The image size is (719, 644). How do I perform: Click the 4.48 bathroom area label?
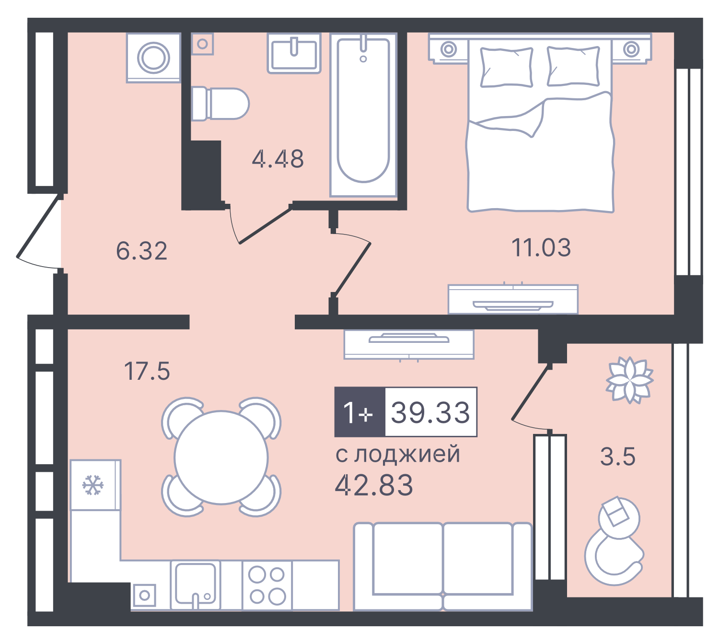pos(278,159)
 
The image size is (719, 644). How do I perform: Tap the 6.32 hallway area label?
pos(142,251)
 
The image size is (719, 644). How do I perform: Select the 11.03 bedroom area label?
pos(541,248)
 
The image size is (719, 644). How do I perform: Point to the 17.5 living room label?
pos(147,371)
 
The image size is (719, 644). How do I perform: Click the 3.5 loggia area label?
pos(618,457)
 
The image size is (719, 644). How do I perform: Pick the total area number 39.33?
pos(430,412)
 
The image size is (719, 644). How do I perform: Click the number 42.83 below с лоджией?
pos(374,485)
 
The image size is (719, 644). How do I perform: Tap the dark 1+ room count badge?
pos(359,412)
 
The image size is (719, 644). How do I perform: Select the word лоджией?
pos(407,454)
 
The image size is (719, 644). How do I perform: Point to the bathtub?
pos(363,114)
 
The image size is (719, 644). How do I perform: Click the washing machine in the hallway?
pos(154,58)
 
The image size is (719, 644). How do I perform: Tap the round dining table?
pos(221,457)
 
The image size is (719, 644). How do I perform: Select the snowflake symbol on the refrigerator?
pos(93,485)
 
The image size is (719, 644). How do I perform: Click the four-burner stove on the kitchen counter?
pos(267,585)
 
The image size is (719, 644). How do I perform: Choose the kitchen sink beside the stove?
pos(195,584)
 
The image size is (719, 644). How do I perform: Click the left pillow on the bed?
pos(507,67)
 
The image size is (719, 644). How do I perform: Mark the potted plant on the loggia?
pos(629,379)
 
